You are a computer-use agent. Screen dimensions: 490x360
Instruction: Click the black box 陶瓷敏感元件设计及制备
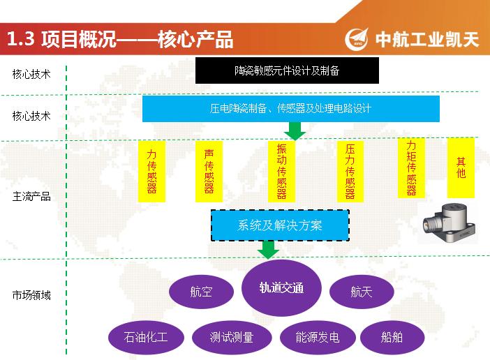coord(287,70)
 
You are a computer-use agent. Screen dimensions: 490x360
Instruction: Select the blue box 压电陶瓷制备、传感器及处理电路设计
coord(291,109)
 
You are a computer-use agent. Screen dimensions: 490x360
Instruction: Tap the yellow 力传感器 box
coord(151,172)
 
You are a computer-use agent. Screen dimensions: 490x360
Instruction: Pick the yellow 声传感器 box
coord(209,172)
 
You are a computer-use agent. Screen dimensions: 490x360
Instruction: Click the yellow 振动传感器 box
coord(281,172)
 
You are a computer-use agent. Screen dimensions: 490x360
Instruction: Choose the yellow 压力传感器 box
coord(350,172)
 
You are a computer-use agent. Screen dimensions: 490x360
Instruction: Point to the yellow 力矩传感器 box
coord(411,167)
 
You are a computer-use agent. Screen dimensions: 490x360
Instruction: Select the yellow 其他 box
coord(461,167)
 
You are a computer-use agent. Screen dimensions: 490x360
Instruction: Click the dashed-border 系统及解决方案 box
coord(280,225)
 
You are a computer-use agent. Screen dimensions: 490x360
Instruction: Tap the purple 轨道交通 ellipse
coord(281,288)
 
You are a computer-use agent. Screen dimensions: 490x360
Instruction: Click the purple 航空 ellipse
coord(201,292)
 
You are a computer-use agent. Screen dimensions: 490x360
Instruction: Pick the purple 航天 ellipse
coord(362,292)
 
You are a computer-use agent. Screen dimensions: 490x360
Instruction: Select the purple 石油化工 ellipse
coord(146,337)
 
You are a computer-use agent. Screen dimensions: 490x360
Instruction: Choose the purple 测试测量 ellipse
coord(232,337)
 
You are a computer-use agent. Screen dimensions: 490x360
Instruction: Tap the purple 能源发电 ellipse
coord(318,337)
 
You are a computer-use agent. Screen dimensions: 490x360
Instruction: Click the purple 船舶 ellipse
coord(392,337)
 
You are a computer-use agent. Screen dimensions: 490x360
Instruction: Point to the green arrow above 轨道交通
coord(268,250)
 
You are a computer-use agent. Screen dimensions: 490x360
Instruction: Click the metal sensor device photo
coord(449,223)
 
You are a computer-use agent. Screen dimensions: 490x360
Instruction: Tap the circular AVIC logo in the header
coord(357,38)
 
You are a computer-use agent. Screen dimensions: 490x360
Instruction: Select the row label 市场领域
coord(31,295)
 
